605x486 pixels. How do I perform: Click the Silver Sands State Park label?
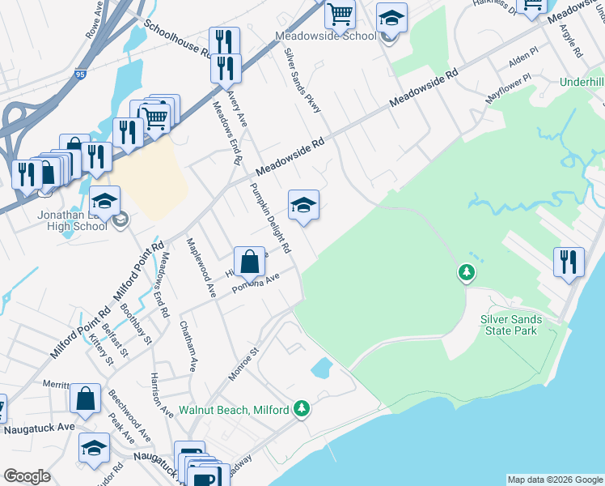(522, 326)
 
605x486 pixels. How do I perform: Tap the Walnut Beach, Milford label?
(234, 411)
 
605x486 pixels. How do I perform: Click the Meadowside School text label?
(325, 36)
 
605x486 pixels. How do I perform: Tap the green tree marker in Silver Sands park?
(466, 273)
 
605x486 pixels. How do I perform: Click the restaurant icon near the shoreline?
(569, 262)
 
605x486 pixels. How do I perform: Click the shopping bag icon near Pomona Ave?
(250, 260)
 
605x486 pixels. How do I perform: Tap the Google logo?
(27, 476)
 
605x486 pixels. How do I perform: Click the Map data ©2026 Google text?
(556, 480)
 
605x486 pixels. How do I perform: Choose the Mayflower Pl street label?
(509, 88)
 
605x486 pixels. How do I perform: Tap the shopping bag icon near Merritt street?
(85, 398)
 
